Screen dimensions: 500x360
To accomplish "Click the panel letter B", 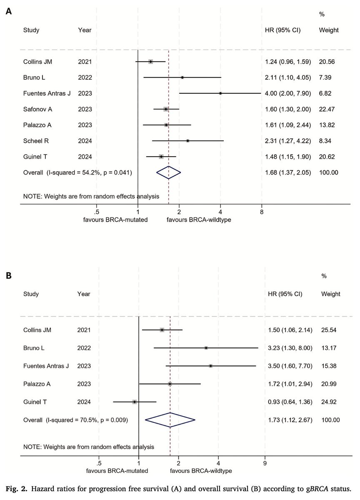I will pos(8,275).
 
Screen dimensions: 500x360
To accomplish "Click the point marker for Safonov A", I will pos(166,109).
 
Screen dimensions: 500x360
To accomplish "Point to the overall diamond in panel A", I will pos(168,172).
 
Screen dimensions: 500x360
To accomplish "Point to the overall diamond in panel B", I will pos(170,420).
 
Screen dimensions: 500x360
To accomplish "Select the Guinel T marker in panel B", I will pos(135,402).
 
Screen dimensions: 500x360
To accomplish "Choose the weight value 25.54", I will pos(330,330).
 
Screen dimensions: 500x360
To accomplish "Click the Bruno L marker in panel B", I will pos(206,347).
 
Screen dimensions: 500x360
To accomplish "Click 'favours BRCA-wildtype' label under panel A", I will pos(199,219).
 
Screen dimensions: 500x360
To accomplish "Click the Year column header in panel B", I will pos(84,294).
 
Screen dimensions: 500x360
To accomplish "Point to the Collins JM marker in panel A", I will pos(150,62).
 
